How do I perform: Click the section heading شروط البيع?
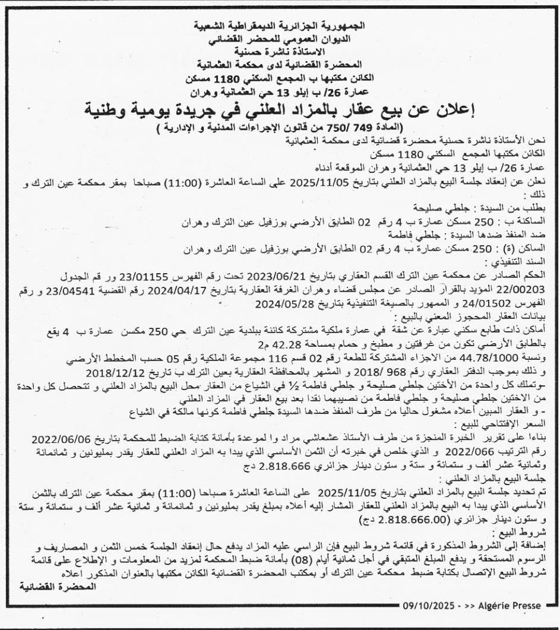(535, 531)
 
